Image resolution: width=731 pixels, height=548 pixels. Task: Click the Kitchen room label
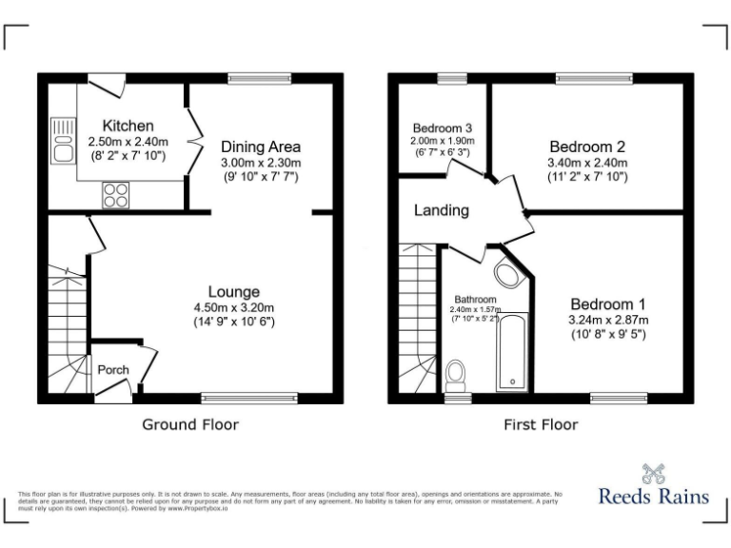click(128, 126)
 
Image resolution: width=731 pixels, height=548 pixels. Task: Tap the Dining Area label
click(261, 147)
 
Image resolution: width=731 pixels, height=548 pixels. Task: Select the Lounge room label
click(234, 291)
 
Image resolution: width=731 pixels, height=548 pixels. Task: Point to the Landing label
click(441, 210)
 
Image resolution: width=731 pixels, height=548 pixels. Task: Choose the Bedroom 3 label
click(443, 127)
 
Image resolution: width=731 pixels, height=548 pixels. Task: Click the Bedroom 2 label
click(587, 147)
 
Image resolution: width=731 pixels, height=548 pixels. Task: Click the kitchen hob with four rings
click(115, 194)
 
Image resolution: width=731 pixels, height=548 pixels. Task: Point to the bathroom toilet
click(456, 374)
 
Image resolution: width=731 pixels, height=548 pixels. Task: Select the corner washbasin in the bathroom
click(509, 276)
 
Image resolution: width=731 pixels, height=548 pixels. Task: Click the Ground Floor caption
click(190, 424)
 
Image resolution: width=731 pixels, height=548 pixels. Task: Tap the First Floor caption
click(541, 424)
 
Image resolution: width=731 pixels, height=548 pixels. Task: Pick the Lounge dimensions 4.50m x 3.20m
click(234, 306)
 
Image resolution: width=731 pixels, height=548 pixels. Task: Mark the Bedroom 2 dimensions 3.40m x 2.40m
click(587, 162)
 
